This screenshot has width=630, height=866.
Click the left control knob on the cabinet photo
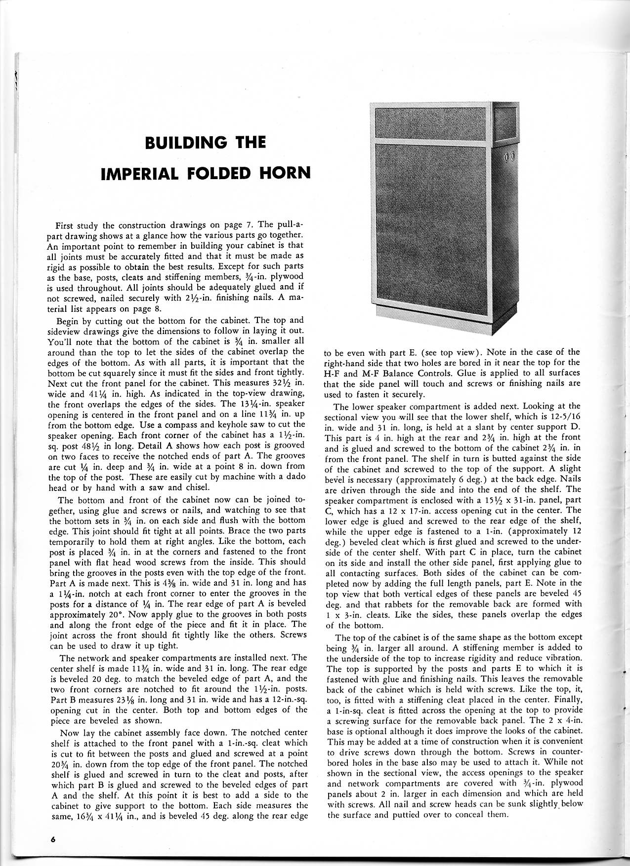(506, 157)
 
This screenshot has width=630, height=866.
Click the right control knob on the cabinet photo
(512, 157)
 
